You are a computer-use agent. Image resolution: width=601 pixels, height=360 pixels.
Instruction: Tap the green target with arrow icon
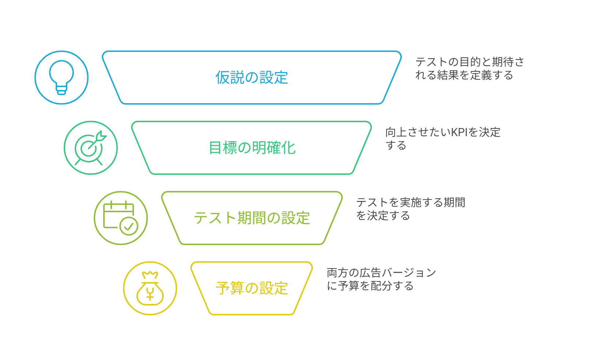pyautogui.click(x=90, y=148)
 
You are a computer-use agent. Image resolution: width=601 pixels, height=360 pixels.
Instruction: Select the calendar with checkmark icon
pyautogui.click(x=120, y=218)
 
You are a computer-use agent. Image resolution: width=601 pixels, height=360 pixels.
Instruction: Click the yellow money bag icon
pyautogui.click(x=150, y=288)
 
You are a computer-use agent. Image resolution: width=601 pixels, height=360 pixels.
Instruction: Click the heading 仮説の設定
pyautogui.click(x=252, y=78)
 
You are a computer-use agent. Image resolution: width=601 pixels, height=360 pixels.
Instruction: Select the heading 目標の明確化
pyautogui.click(x=252, y=148)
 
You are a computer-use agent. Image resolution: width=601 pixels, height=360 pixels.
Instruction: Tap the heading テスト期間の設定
pyautogui.click(x=252, y=218)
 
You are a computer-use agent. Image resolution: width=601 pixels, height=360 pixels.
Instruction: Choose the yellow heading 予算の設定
pyautogui.click(x=252, y=288)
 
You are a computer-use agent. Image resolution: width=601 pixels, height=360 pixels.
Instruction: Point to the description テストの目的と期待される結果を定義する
pyautogui.click(x=470, y=68)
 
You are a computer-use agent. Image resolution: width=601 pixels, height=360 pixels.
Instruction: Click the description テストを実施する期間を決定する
pyautogui.click(x=411, y=209)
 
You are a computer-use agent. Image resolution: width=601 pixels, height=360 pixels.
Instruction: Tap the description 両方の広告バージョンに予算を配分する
pyautogui.click(x=381, y=279)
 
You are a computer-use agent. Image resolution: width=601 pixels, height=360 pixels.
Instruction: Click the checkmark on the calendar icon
pyautogui.click(x=129, y=226)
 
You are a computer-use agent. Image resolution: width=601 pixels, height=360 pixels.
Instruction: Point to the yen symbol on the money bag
pyautogui.click(x=150, y=294)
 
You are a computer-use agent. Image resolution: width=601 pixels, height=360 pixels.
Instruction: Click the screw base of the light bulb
pyautogui.click(x=61, y=90)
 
